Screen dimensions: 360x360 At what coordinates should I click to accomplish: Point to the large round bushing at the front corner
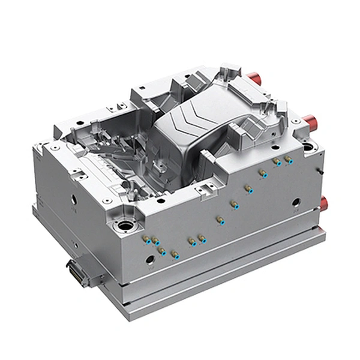tap(127, 227)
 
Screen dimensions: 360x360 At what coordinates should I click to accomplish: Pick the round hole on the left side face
tap(73, 199)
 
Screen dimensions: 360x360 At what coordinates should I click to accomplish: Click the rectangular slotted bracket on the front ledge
tap(206, 191)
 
